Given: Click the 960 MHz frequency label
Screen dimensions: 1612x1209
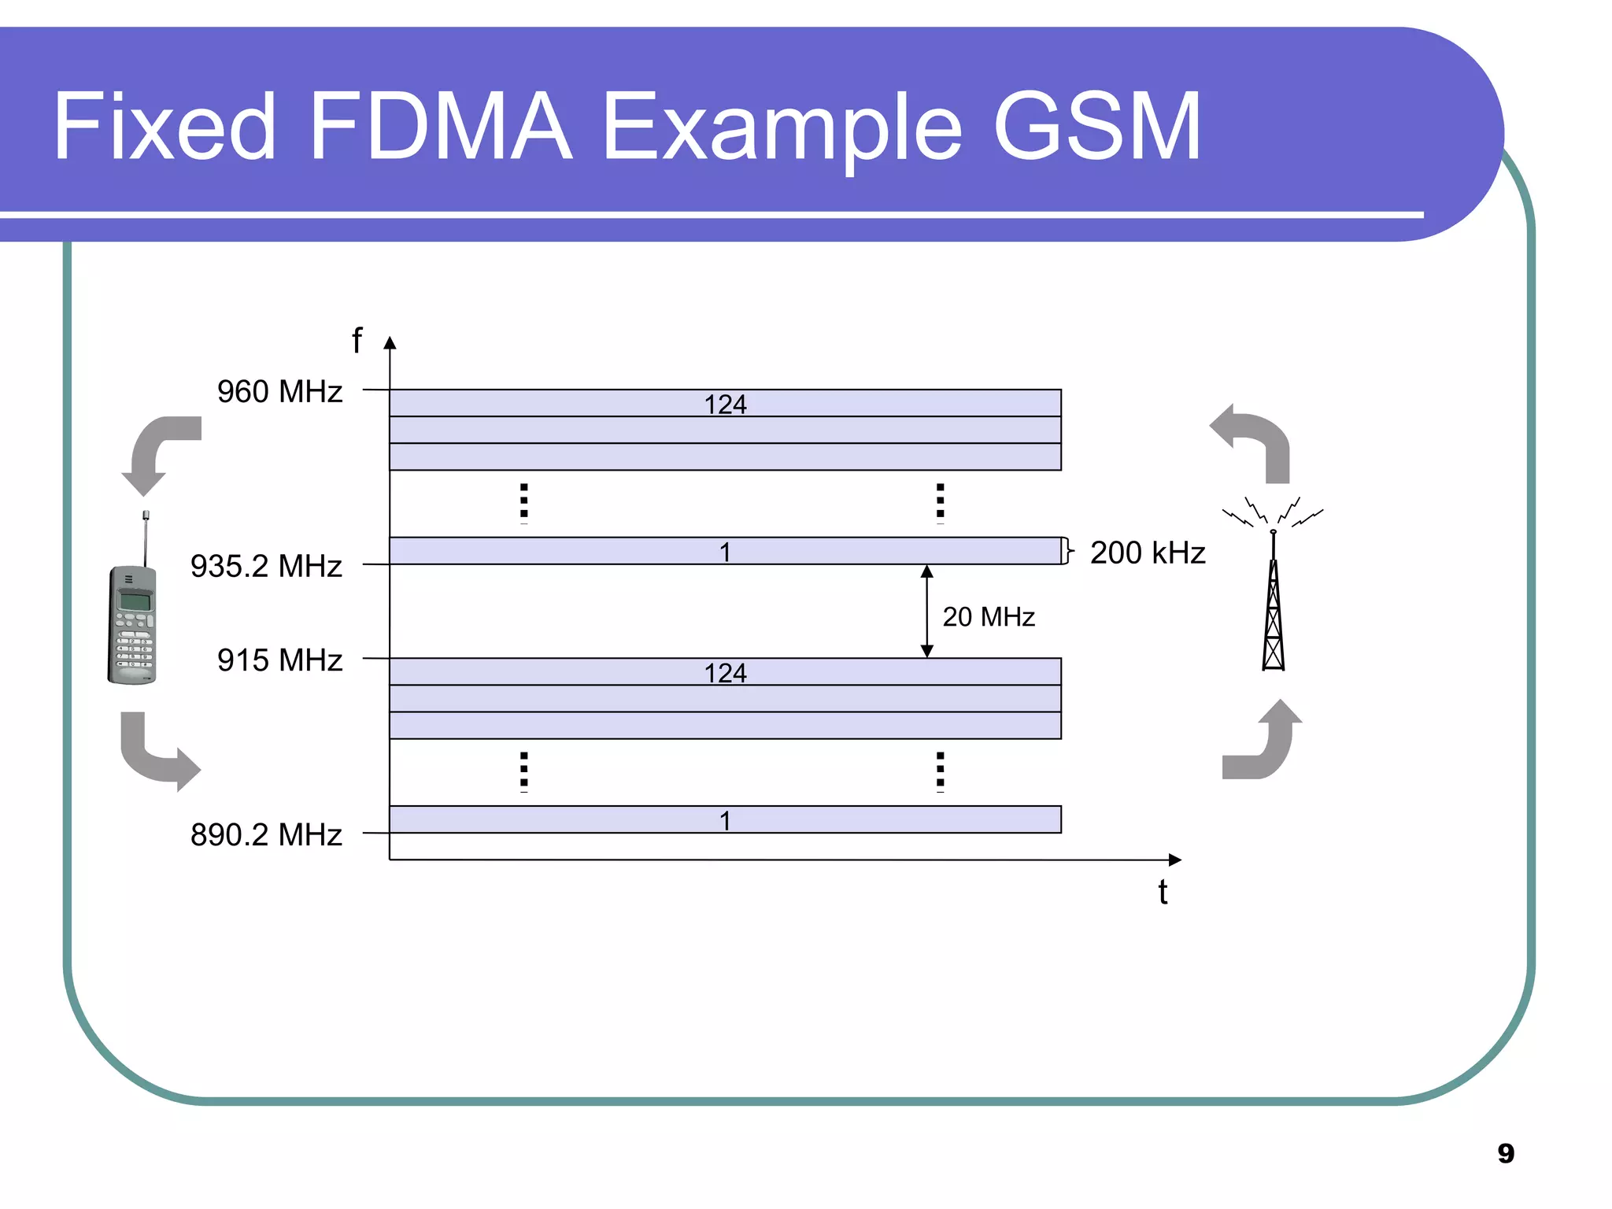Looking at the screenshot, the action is (279, 391).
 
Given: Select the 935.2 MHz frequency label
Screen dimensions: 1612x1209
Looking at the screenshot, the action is (266, 566).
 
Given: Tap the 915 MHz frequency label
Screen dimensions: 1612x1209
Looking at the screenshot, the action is (279, 660).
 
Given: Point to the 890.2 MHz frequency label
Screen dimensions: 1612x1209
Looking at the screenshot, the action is (266, 834).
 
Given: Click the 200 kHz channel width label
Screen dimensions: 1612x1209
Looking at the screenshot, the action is (1147, 553).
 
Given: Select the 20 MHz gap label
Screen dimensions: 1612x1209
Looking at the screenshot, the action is (988, 616).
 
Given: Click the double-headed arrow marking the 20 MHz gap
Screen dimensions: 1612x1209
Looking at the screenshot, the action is (926, 611).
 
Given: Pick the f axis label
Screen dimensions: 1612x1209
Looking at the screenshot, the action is (357, 341).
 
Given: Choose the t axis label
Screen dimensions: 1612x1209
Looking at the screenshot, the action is (1163, 892).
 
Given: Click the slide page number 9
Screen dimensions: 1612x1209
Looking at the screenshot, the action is (1505, 1153).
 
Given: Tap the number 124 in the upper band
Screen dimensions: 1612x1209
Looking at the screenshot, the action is (725, 404).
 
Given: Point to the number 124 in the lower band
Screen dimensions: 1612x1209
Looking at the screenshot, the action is (725, 673).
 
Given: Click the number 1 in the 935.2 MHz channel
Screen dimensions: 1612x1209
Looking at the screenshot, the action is (725, 552).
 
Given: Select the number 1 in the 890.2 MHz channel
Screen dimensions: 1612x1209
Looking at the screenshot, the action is (725, 821).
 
